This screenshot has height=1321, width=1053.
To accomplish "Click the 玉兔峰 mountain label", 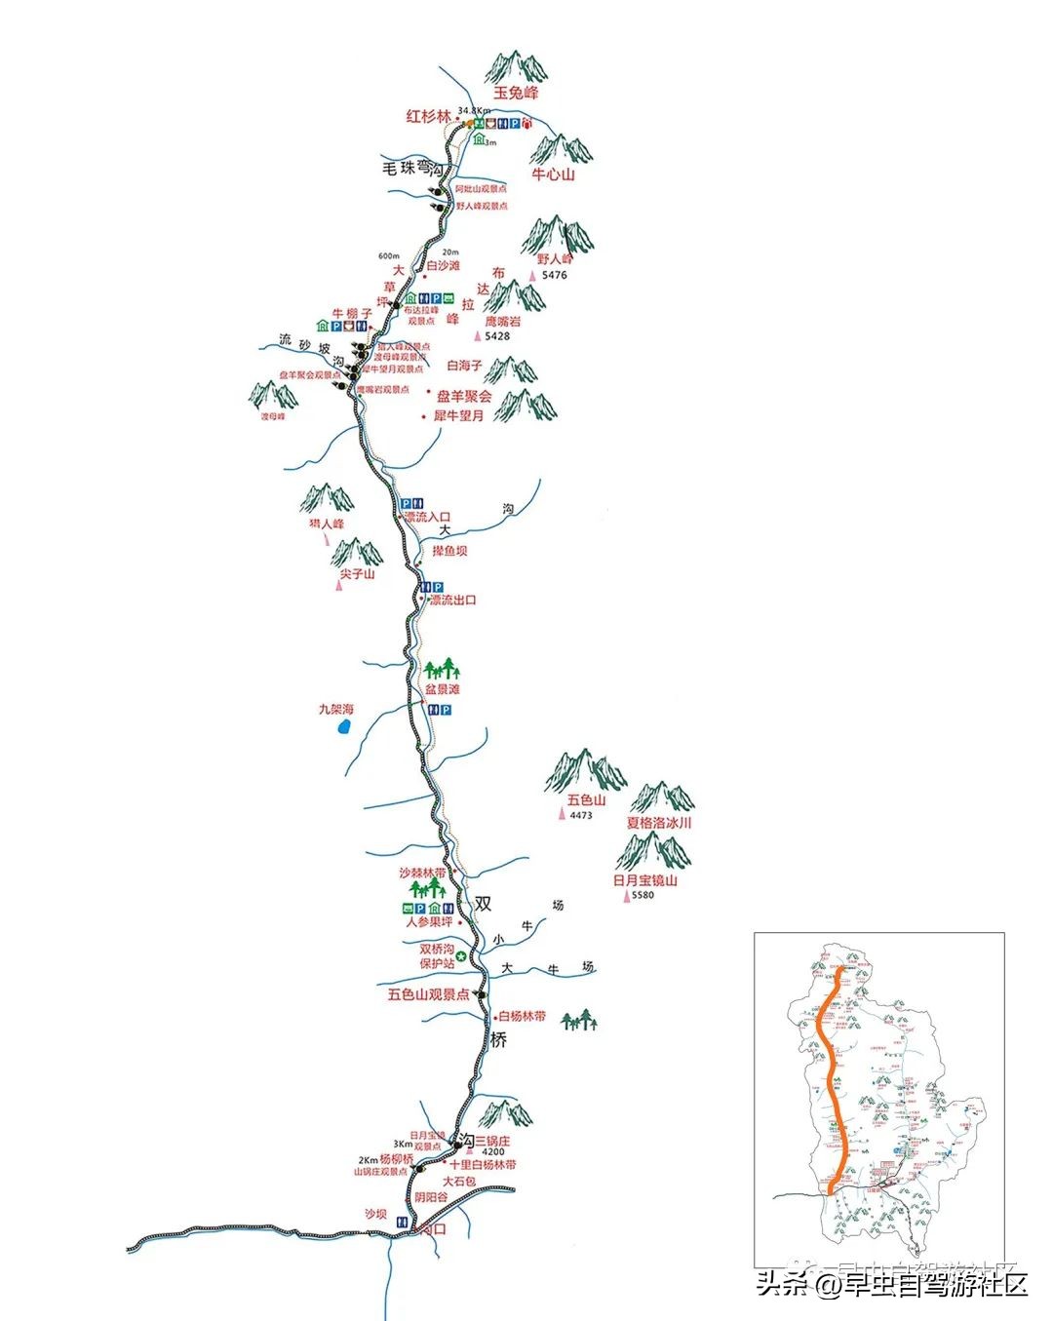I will point(516,94).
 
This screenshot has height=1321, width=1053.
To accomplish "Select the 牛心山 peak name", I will point(553,175).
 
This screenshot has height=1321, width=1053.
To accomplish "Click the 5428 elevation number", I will point(496,336).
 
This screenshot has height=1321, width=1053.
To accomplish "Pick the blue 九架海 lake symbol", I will point(343,727).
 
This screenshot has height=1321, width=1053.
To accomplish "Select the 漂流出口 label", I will point(453,601).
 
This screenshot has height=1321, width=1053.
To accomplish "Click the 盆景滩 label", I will point(442,689).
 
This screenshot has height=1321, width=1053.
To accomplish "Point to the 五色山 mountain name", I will point(586,800).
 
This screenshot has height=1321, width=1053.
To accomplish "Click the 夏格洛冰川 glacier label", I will point(659,823).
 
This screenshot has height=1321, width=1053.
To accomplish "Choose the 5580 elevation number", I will point(643,895).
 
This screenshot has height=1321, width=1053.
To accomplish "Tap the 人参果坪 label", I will point(429,922).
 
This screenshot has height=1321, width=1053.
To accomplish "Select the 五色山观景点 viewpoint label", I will point(428,995).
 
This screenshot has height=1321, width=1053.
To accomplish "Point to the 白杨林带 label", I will point(523,1017).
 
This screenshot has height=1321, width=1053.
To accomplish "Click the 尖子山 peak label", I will point(357,574).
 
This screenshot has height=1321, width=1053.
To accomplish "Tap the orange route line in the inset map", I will point(830,1072).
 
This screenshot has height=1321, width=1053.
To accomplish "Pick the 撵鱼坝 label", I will point(449,552).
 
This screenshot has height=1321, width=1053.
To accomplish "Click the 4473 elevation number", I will point(581,815).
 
